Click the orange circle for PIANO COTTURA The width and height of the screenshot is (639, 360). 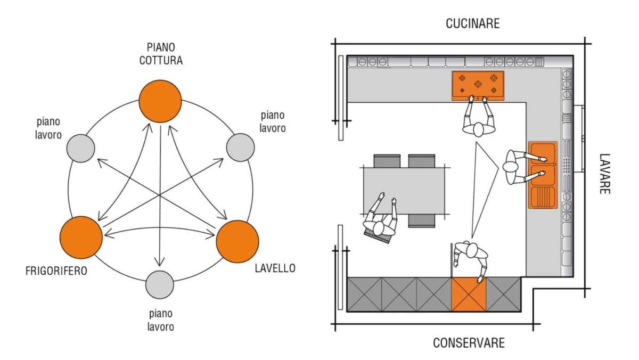coord(160,101)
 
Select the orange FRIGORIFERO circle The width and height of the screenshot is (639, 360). coord(81,238)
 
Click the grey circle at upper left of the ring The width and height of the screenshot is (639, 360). coord(81,149)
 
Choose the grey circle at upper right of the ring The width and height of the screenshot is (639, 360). coord(240,148)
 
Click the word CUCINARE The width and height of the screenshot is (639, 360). coord(473,23)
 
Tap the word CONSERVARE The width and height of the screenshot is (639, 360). coord(468,342)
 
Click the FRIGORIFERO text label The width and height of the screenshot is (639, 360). coord(56,271)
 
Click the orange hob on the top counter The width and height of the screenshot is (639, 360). coord(478,85)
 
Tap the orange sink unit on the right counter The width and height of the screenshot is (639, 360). coord(543,175)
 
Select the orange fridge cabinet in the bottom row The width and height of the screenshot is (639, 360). coord(469,294)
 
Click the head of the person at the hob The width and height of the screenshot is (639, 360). coord(479,129)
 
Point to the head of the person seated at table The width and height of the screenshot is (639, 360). coord(380,228)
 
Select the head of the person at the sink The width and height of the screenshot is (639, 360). coord(511,167)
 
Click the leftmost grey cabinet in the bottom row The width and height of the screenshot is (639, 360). coord(364,294)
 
